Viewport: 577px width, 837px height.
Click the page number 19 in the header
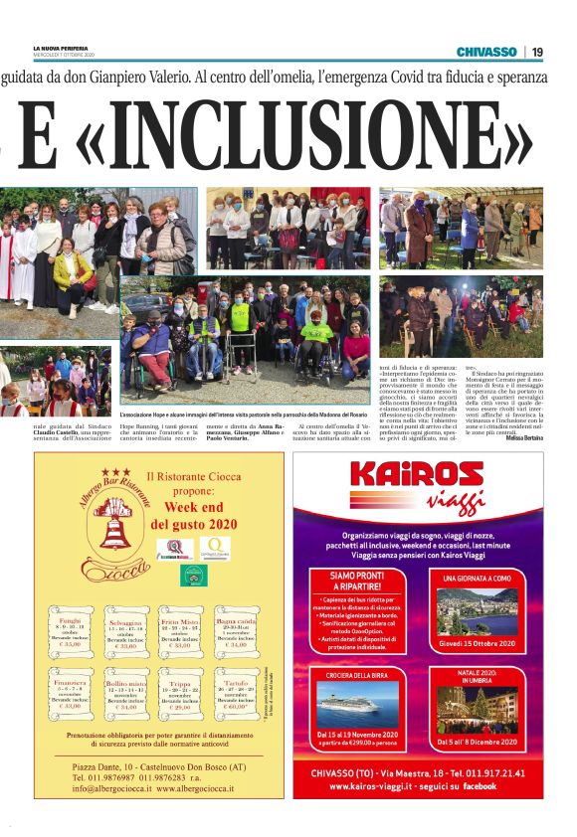tap(536, 52)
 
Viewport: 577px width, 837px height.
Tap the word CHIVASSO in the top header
tap(486, 52)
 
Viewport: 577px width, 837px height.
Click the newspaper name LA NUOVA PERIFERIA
tap(61, 47)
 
